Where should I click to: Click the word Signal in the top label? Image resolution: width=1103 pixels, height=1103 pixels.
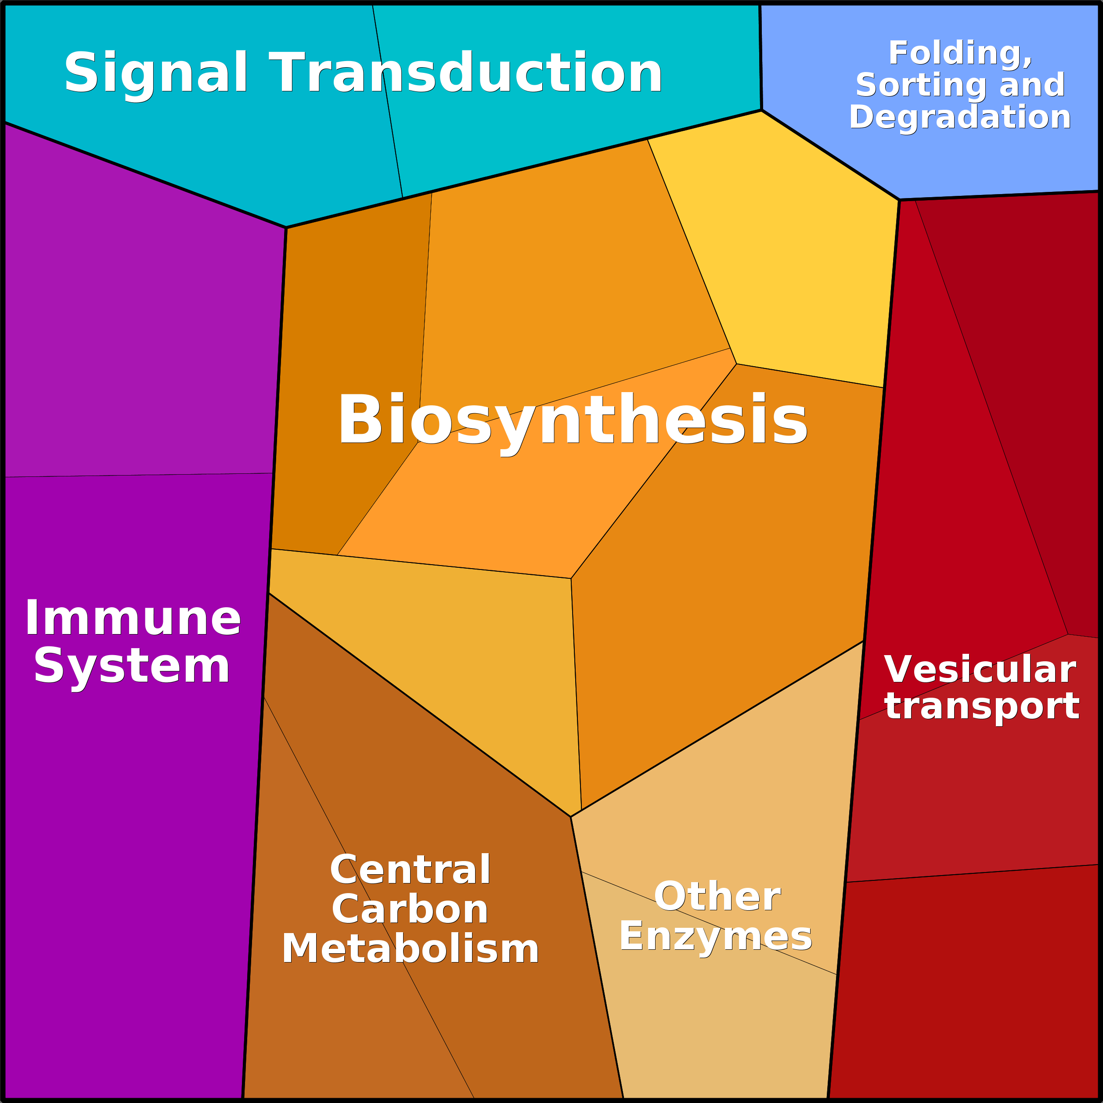pos(155,73)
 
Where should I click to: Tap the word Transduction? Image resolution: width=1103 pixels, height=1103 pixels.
pos(465,73)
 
